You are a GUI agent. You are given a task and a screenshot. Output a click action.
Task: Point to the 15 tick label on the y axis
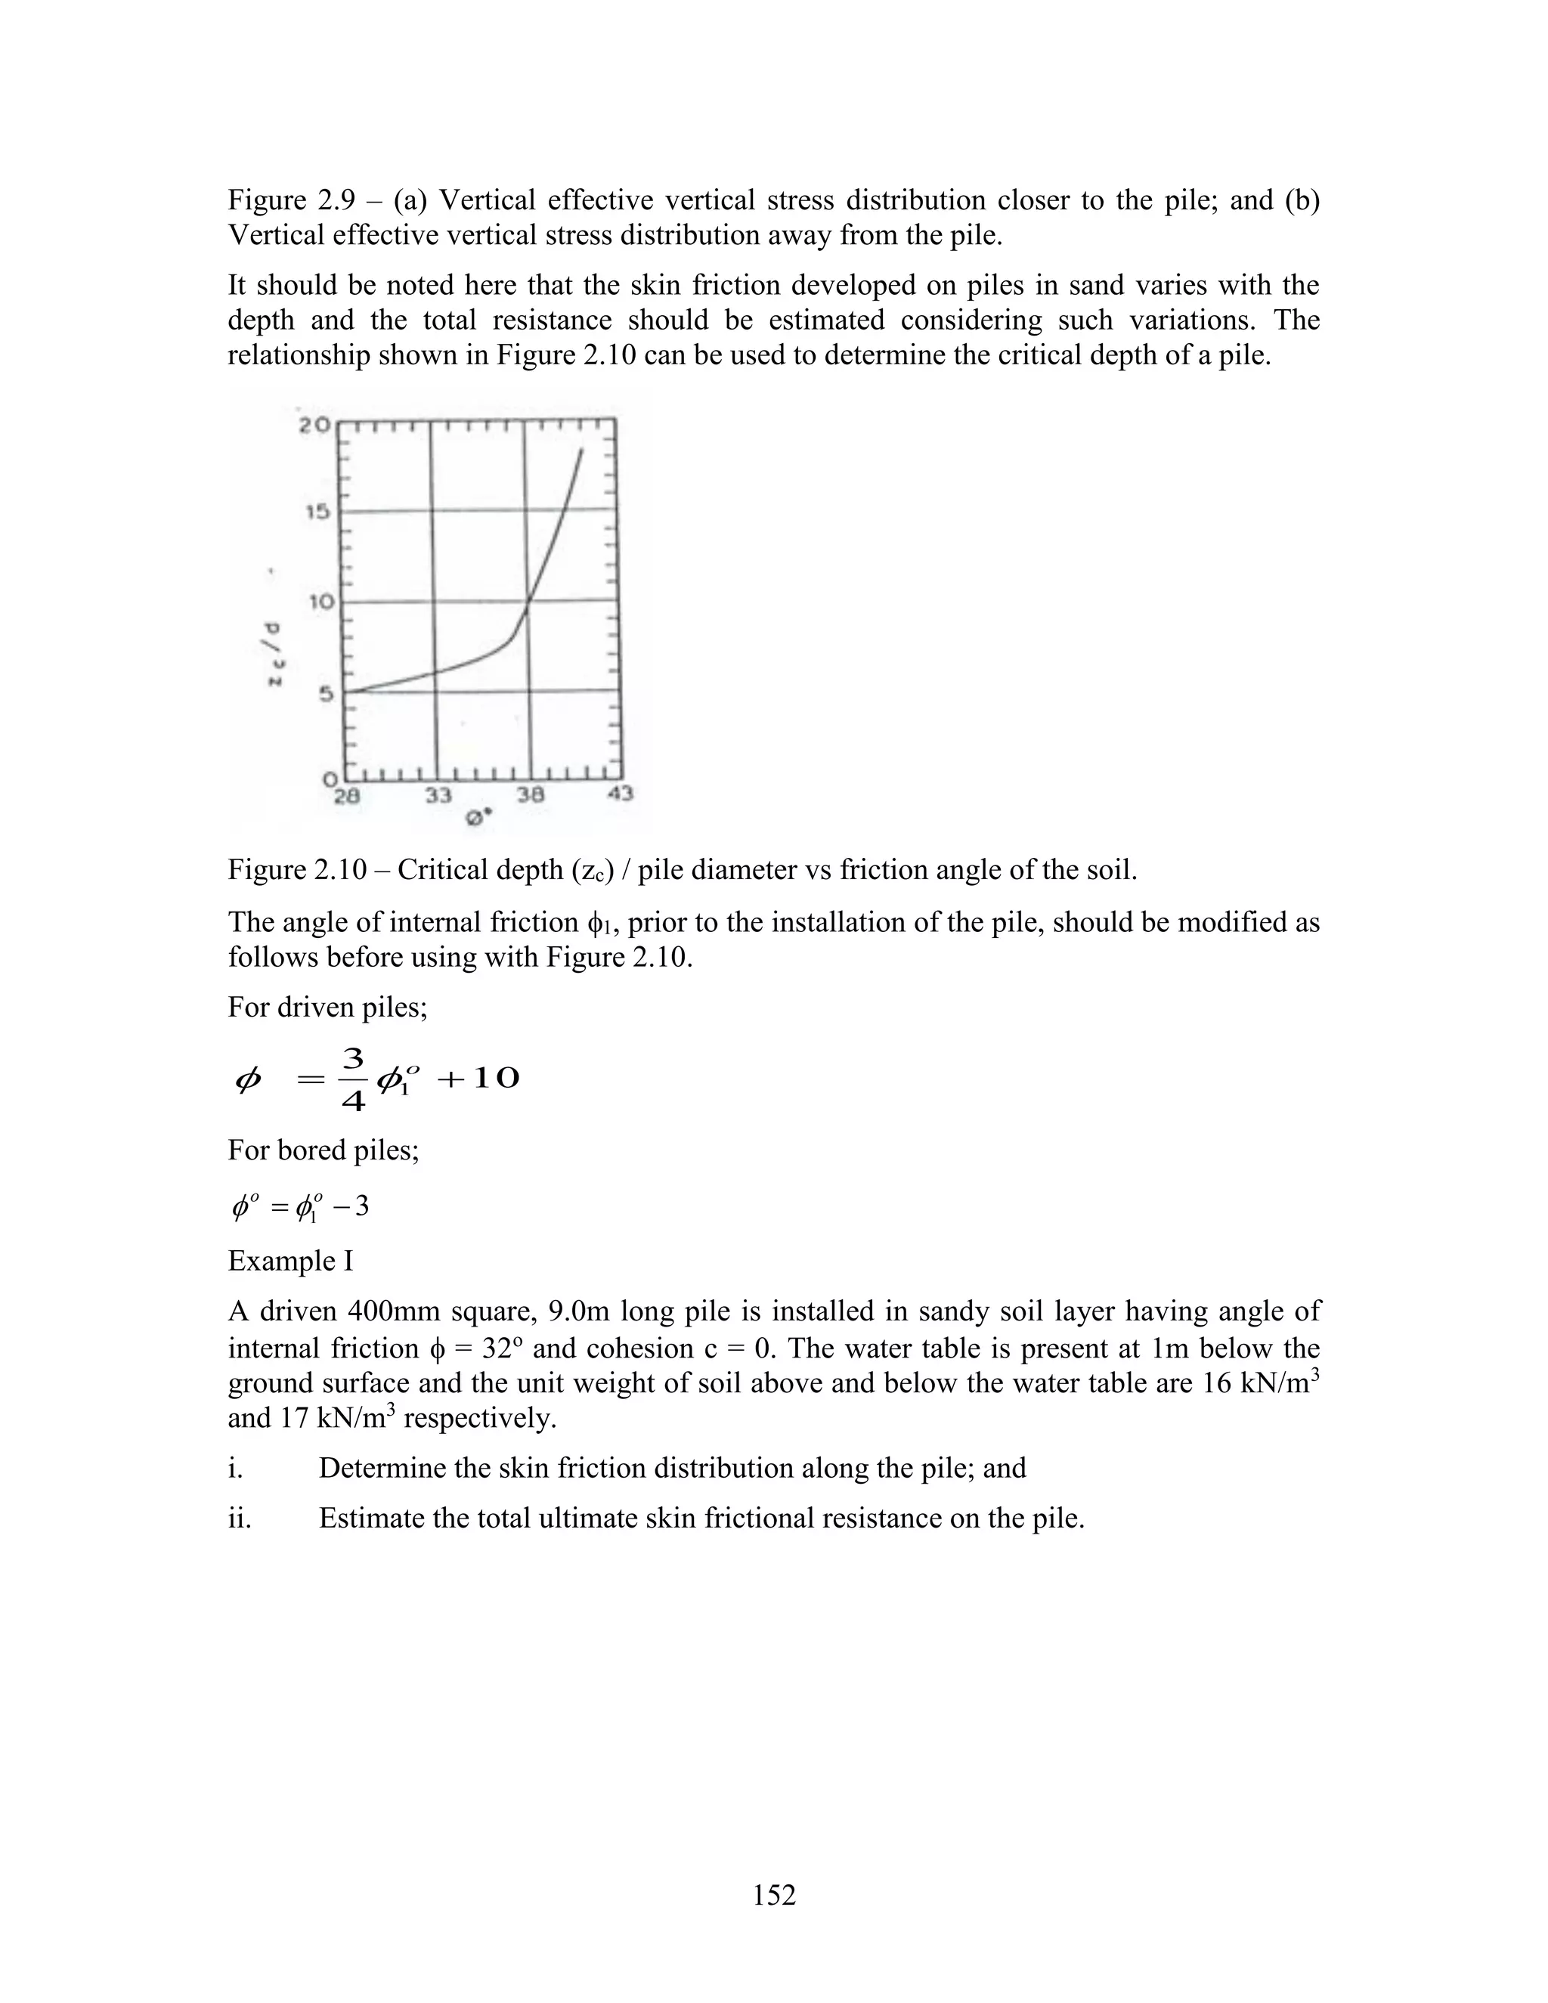coord(317,512)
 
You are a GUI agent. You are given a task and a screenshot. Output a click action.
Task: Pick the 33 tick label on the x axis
coord(438,795)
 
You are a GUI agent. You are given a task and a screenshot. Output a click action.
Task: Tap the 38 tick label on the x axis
coord(529,795)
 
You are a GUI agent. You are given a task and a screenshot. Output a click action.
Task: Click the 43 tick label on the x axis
coord(620,794)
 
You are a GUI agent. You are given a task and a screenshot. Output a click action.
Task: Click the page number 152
coord(774,1895)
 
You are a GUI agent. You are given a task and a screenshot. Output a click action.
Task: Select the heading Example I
coord(289,1261)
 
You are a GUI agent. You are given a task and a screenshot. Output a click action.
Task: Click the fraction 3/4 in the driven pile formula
coord(353,1079)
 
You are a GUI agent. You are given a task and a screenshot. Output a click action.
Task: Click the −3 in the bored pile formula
coord(352,1206)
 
